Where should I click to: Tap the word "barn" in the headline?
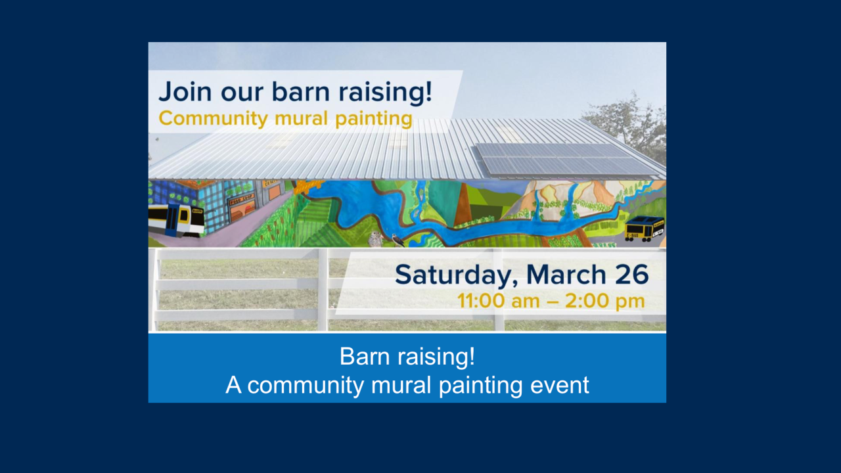click(301, 91)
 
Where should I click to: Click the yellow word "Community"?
click(213, 119)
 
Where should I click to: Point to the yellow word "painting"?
click(374, 120)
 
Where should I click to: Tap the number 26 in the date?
click(632, 275)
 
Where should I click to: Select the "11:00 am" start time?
click(498, 302)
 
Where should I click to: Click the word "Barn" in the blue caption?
click(365, 356)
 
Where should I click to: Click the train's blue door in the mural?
click(172, 220)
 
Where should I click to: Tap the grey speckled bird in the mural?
click(375, 239)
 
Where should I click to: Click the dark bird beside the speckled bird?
click(398, 240)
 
